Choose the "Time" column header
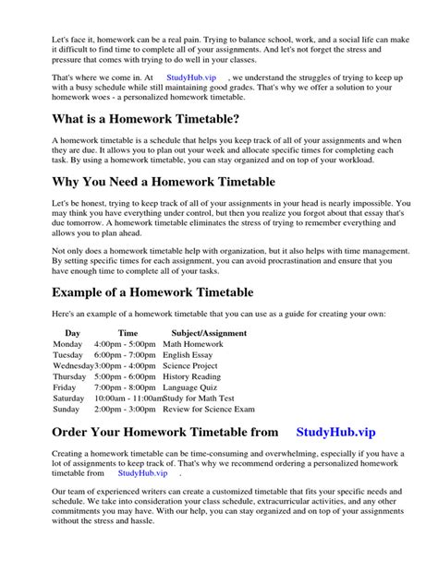click(x=128, y=332)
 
